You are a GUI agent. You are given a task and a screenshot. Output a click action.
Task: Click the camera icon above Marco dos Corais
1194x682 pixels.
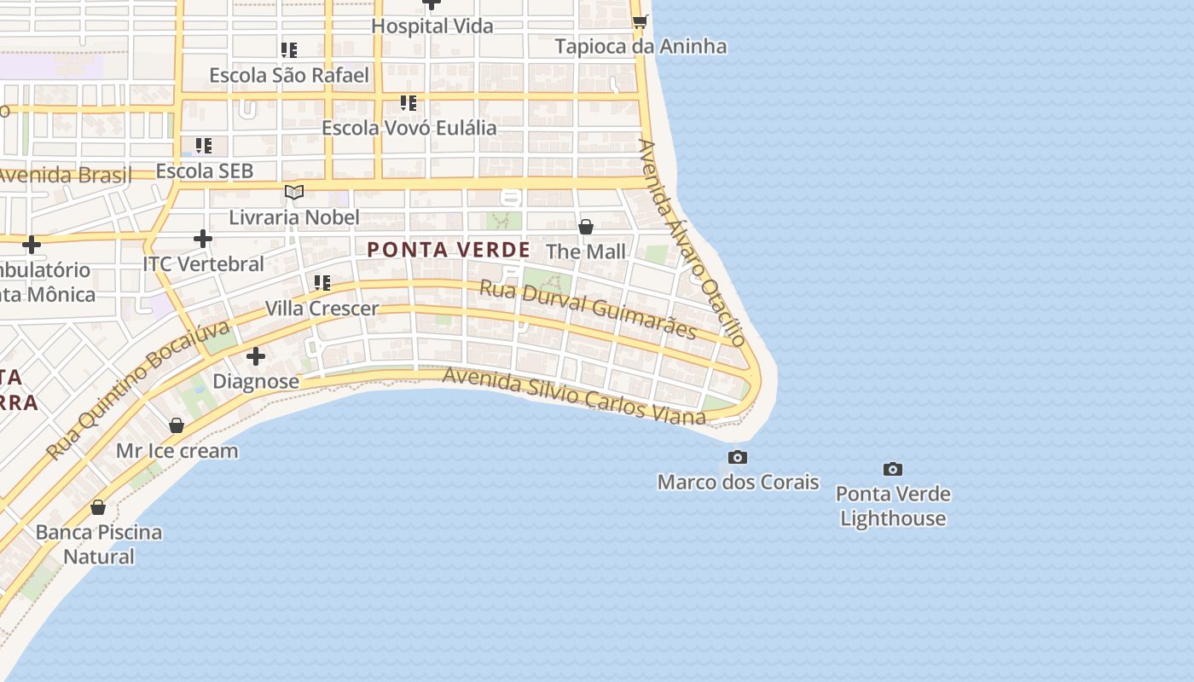pos(738,458)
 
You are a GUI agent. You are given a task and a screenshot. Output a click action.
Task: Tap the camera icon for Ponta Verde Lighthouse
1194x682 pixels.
pos(893,469)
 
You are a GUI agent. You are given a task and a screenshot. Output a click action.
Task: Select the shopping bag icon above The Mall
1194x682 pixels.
pos(586,227)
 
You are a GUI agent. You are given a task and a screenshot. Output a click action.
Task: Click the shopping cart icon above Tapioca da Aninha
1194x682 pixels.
pos(640,21)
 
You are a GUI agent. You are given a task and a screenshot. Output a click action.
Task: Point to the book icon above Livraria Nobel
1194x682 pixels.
pos(294,193)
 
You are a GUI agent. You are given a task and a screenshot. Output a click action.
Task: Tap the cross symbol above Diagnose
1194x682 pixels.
pos(256,356)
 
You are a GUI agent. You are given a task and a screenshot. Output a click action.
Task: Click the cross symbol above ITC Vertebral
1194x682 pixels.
pos(203,239)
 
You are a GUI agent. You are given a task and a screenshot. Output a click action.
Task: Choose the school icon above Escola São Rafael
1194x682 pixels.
pos(289,50)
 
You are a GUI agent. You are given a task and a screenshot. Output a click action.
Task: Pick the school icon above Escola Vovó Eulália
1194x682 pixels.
pos(409,103)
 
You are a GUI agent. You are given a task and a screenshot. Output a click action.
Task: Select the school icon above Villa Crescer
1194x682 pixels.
pos(322,282)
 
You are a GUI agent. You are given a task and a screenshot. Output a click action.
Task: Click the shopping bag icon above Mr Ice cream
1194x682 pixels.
pos(177,425)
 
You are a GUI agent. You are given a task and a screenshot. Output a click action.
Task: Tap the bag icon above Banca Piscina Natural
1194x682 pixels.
pos(98,507)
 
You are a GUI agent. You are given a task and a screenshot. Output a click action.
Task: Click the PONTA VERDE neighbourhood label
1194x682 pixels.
pos(449,250)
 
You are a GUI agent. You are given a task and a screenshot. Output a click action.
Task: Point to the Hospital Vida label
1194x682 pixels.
pos(432,26)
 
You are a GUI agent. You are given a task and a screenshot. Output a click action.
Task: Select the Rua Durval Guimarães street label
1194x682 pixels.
pos(588,309)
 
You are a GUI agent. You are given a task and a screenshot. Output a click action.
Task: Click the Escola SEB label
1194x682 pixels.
pos(205,170)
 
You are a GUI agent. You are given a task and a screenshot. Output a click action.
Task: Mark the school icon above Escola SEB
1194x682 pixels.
pos(203,146)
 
